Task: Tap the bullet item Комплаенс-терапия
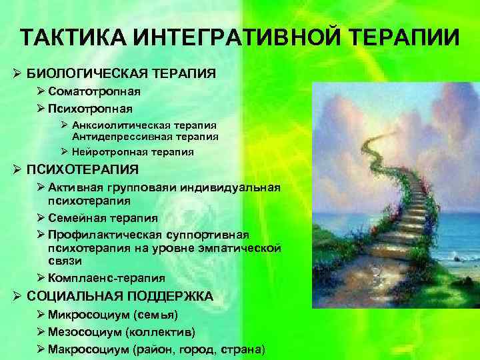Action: [107, 278]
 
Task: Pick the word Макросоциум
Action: [90, 349]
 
